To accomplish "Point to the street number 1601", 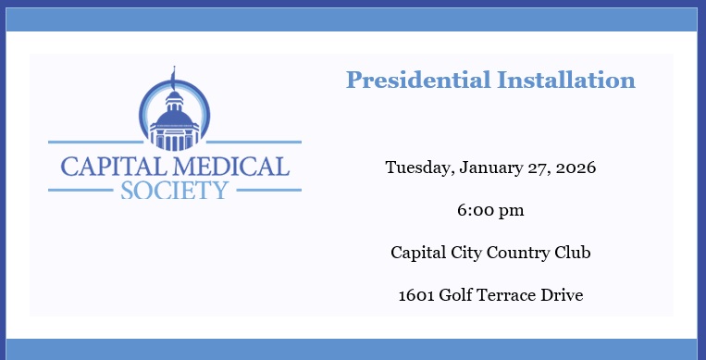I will [416, 295].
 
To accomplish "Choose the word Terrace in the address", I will [512, 295].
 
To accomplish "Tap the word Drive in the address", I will [564, 295].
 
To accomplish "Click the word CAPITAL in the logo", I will [107, 167].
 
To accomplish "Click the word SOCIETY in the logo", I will [174, 191].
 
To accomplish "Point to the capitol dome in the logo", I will [174, 102].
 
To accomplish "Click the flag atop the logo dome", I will [172, 72].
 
